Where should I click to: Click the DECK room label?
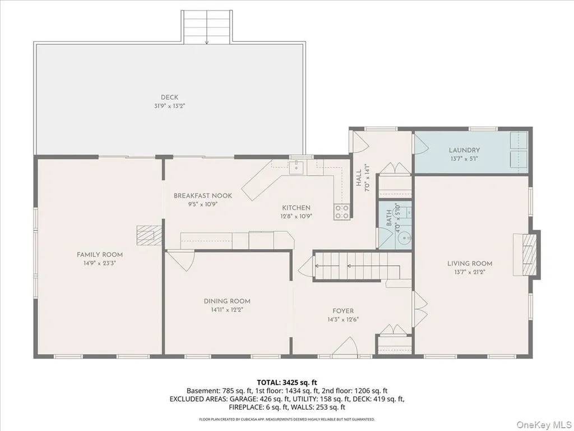click(x=169, y=97)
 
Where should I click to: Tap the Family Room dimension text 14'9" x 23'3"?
click(x=100, y=263)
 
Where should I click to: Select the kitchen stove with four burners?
click(x=341, y=212)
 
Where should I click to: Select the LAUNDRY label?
click(x=464, y=150)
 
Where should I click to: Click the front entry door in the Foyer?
click(x=345, y=346)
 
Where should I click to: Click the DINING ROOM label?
click(x=227, y=301)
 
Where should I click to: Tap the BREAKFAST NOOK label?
click(x=203, y=196)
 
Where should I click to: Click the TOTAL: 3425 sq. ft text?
click(x=286, y=383)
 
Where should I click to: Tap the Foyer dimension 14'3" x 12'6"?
click(x=343, y=319)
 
